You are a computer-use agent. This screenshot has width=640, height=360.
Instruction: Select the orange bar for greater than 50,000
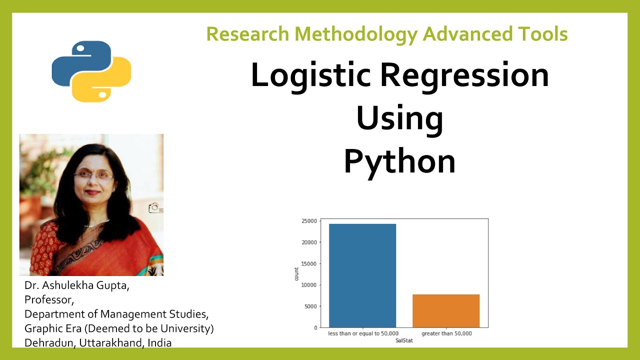pos(446,310)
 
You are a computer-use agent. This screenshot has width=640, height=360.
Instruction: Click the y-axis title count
pos(296,273)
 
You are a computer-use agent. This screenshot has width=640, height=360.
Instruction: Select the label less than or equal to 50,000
pos(362,333)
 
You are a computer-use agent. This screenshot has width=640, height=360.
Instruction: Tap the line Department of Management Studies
pos(116,314)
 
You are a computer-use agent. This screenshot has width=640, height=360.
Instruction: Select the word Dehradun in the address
pos(49,343)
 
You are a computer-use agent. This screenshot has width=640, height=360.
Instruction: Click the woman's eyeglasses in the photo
pos(93,176)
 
